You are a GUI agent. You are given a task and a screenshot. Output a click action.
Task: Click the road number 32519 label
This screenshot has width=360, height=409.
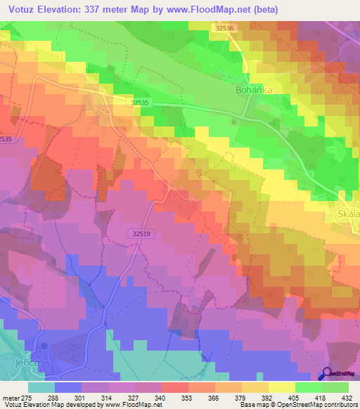(x=141, y=233)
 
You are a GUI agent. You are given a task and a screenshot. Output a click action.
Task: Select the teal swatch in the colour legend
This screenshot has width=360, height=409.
(x=41, y=387)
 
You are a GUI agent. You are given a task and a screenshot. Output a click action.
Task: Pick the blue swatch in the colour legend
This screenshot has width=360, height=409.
(x=68, y=387)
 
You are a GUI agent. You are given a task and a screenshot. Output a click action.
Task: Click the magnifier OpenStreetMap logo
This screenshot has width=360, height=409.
(x=327, y=375)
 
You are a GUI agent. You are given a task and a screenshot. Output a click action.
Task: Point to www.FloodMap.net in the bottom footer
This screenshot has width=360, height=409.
(x=129, y=405)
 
